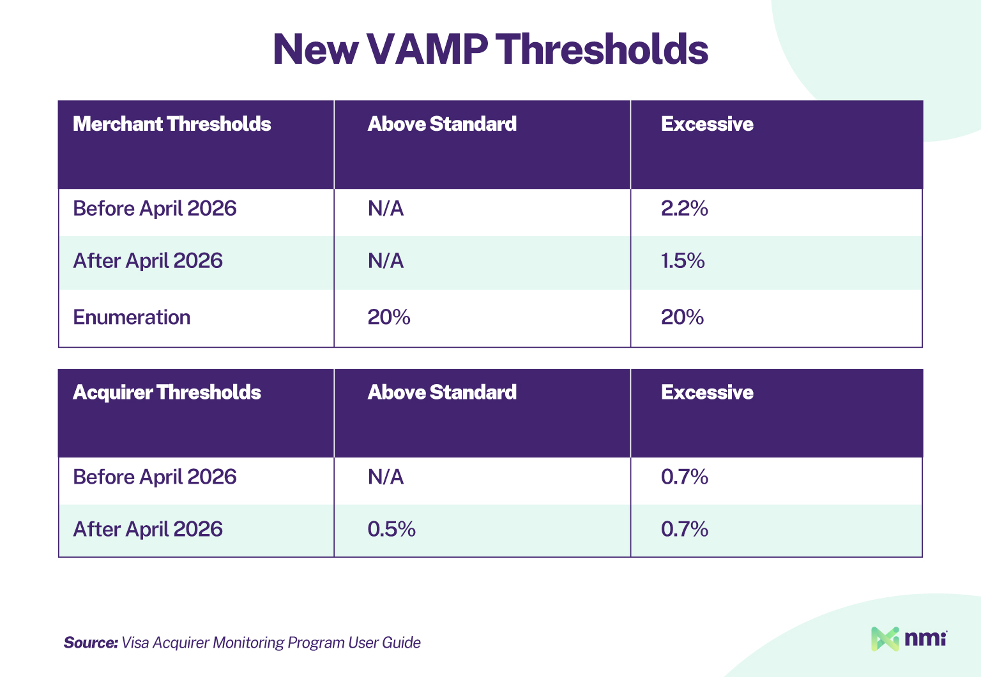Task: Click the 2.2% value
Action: (684, 209)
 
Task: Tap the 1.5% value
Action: (682, 261)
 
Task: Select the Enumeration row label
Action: (132, 317)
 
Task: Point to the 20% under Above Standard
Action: (388, 317)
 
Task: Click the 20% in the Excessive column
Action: (682, 317)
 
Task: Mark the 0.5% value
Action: (391, 529)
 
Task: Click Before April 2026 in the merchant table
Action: (155, 209)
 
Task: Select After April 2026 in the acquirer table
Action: (148, 529)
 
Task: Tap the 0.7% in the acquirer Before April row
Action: (684, 477)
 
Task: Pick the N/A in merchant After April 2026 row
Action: (385, 261)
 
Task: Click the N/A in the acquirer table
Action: (385, 477)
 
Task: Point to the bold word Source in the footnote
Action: (90, 643)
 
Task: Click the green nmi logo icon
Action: (885, 639)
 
